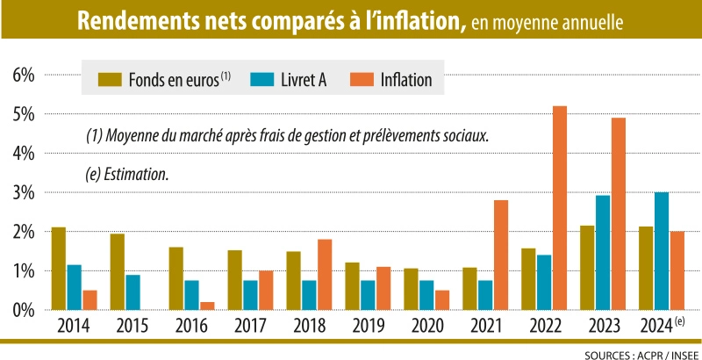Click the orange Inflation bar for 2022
point(559,208)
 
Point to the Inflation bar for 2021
point(500,255)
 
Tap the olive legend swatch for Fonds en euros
point(111,80)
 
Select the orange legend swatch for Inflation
point(362,80)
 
